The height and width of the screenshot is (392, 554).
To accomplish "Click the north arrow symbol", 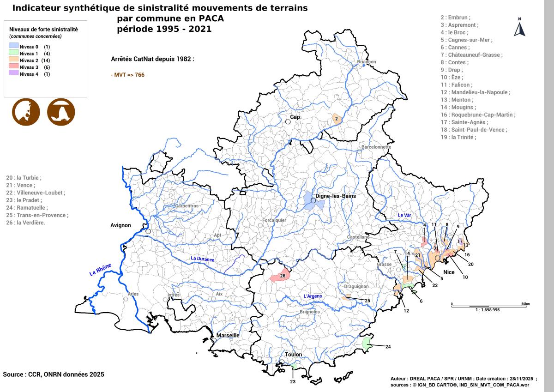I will coord(520,29).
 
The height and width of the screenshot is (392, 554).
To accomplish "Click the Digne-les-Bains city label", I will coord(339,196).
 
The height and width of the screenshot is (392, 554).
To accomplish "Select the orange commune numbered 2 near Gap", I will coord(337,119).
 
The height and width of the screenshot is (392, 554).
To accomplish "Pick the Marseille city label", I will coord(228,335).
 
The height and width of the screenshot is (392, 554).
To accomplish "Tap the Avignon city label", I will coord(121,225).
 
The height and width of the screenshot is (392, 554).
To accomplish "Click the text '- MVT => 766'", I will coord(128,74).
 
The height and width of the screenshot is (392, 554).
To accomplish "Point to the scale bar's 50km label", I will coord(525,304).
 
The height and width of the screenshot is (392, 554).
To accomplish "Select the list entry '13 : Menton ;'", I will coord(457,100).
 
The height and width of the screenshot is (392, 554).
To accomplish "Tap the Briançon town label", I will coord(367,62).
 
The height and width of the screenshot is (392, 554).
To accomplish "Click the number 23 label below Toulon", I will coord(293,382).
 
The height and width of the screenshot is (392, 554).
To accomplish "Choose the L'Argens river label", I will coord(312,296).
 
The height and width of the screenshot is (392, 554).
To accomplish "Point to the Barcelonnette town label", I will coord(376,147).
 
